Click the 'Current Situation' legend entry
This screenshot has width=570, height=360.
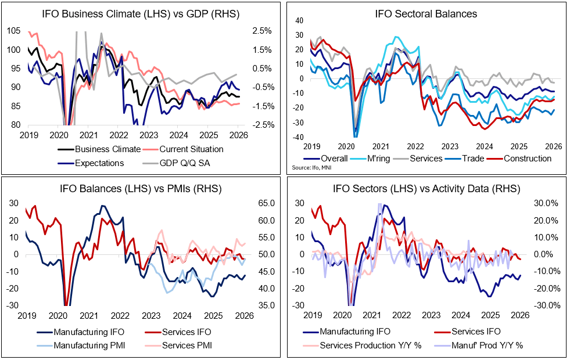(188, 149)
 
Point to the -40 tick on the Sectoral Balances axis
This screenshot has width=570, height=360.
(299, 138)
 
